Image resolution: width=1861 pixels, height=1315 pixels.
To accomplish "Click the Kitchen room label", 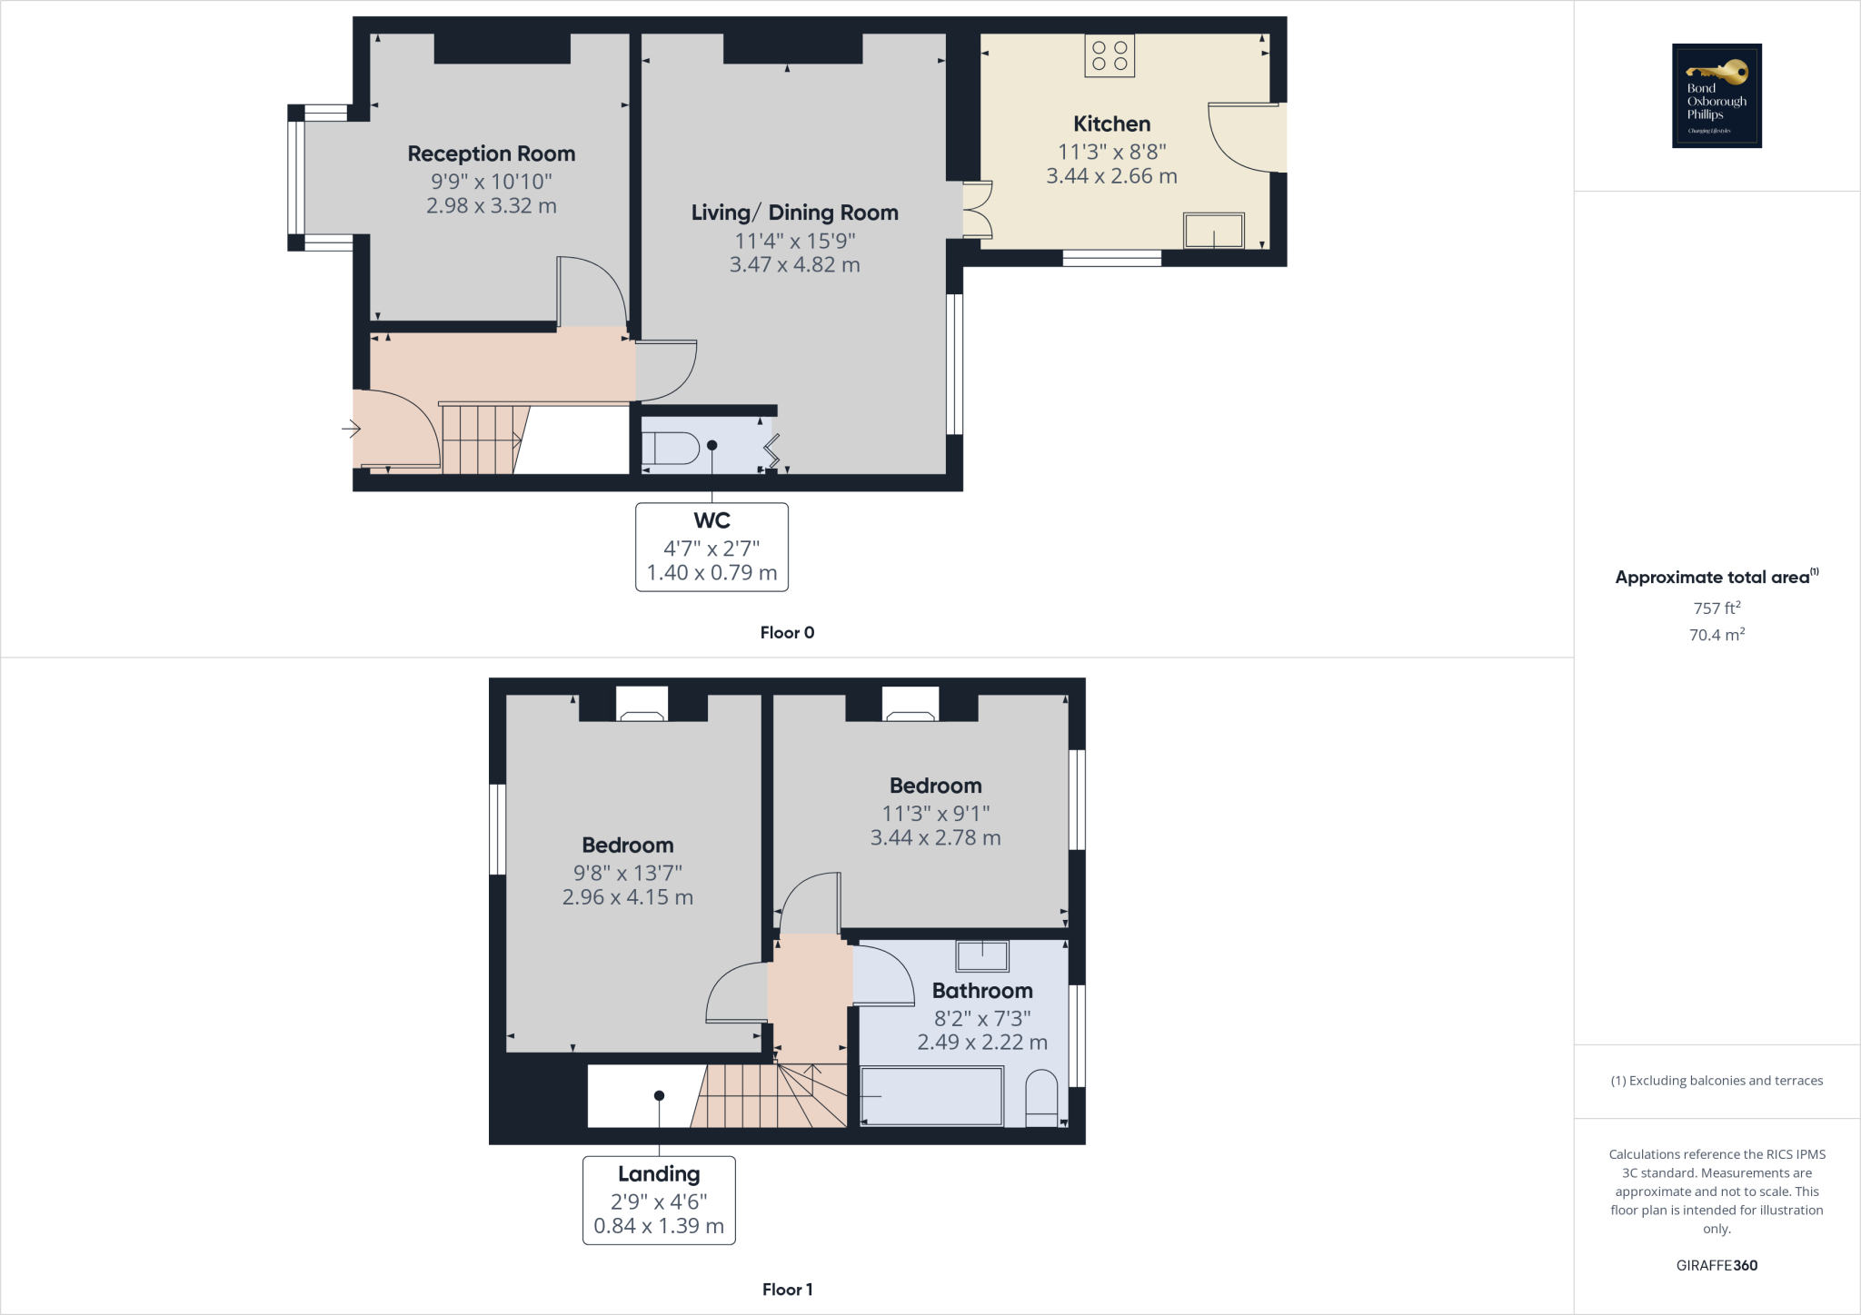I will click(1111, 124).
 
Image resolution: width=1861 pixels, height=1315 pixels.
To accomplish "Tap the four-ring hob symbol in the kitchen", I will click(1110, 55).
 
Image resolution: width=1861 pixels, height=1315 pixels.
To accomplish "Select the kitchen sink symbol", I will click(1213, 231).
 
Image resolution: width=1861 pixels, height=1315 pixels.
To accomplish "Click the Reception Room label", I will click(491, 153).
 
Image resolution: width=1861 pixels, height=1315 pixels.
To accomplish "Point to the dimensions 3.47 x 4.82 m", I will click(794, 265).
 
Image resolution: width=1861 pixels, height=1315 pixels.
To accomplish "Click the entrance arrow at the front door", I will click(352, 428).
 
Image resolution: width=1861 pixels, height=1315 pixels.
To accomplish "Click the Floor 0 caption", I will click(787, 633).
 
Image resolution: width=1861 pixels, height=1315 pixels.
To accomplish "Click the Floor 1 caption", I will click(787, 1290).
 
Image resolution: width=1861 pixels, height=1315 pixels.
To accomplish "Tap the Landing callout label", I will click(659, 1174).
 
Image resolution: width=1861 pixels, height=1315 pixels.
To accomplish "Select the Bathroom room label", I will click(982, 991).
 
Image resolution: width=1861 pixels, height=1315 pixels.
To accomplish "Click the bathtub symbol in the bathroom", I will click(931, 1096).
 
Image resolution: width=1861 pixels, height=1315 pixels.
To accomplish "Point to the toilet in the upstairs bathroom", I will click(1041, 1098).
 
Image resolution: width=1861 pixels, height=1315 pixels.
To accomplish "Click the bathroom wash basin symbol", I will click(982, 956).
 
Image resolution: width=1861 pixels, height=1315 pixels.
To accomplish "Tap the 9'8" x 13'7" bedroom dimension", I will click(627, 873).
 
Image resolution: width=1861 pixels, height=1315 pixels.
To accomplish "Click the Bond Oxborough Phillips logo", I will click(1717, 95).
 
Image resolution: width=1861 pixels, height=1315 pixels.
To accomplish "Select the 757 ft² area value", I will click(1717, 608).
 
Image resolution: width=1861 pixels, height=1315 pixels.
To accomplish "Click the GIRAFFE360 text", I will click(1717, 1265).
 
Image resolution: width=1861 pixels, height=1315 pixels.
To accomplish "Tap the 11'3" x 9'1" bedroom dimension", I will click(935, 814).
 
